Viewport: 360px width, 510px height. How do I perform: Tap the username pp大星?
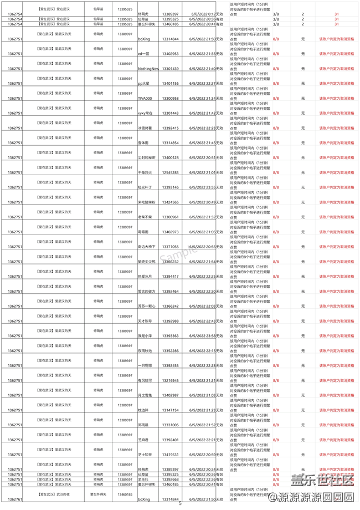pyautogui.click(x=144, y=84)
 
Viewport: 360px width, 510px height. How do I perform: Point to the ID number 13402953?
pyautogui.click(x=170, y=54)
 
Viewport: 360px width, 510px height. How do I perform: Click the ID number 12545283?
pyautogui.click(x=170, y=172)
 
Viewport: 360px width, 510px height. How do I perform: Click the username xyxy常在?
pyautogui.click(x=145, y=113)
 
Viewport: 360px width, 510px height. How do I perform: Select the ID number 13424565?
pyautogui.click(x=170, y=202)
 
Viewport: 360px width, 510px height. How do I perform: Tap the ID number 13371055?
pyautogui.click(x=170, y=247)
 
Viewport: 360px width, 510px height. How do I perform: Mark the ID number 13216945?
pyautogui.click(x=170, y=380)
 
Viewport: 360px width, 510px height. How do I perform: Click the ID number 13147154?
pyautogui.click(x=170, y=410)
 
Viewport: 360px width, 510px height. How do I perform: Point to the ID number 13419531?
pyautogui.click(x=170, y=455)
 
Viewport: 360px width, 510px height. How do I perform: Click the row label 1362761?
pyautogui.click(x=15, y=499)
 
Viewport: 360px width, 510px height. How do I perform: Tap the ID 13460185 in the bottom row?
pyautogui.click(x=125, y=494)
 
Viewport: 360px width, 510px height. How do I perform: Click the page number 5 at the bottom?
pyautogui.click(x=180, y=504)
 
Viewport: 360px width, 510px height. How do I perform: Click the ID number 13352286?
pyautogui.click(x=170, y=351)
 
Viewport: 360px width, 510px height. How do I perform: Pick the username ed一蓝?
pyautogui.click(x=144, y=54)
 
